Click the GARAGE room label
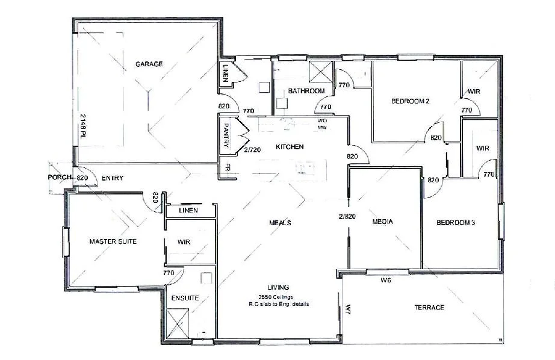pos(149,64)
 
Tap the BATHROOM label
pos(306,91)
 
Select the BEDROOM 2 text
pos(410,101)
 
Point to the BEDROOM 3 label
pos(456,223)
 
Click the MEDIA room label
pos(382,222)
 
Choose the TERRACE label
pos(429,308)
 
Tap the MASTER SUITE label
pos(113,241)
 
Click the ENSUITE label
pos(185,298)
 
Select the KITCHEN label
pos(290,147)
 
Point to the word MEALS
pos(280,223)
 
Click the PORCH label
pos(60,178)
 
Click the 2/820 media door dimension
pos(347,216)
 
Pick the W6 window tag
pos(386,281)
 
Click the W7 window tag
pos(348,309)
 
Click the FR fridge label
pos(228,168)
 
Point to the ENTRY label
pos(113,178)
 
